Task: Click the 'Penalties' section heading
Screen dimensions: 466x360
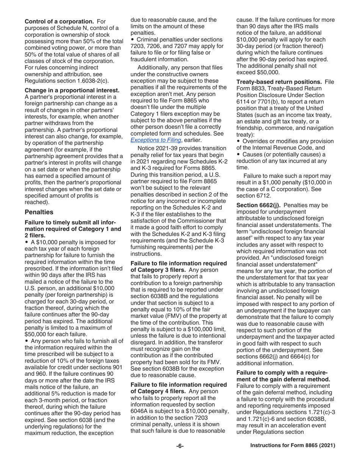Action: (x=39, y=212)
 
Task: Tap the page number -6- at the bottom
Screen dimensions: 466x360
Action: (x=180, y=446)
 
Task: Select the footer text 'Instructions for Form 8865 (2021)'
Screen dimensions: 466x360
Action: (x=293, y=446)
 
